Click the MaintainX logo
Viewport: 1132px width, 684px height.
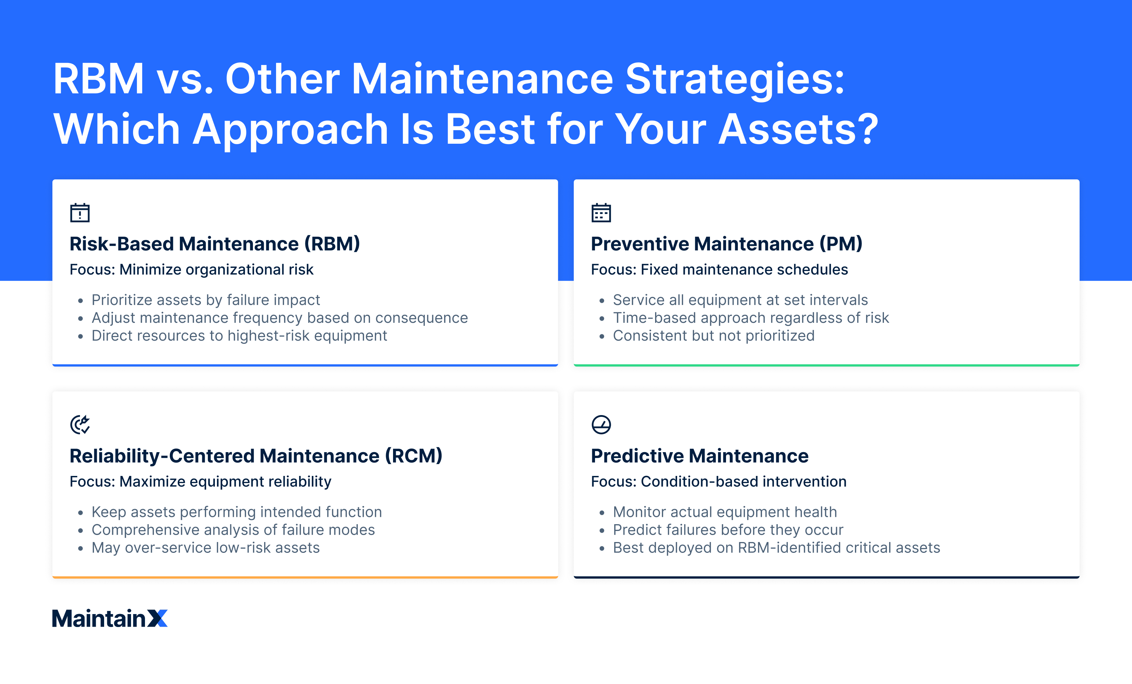(109, 618)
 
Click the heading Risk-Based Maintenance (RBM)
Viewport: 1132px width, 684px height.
(215, 244)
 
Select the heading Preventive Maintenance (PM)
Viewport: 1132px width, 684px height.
(726, 244)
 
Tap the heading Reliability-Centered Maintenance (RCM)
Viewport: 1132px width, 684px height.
(256, 456)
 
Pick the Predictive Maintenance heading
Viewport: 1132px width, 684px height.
(699, 456)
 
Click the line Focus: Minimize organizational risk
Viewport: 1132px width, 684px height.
(191, 269)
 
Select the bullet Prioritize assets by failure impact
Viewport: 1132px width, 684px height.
(205, 300)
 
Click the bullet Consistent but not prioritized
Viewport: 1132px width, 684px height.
(713, 336)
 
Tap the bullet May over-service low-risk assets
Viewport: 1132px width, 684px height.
(205, 548)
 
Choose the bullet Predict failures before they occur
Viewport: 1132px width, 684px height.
(728, 529)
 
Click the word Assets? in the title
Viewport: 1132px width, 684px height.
(798, 130)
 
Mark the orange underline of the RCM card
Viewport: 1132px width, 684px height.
(305, 577)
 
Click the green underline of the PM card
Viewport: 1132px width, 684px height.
(826, 365)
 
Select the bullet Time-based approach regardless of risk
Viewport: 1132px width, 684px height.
(751, 318)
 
